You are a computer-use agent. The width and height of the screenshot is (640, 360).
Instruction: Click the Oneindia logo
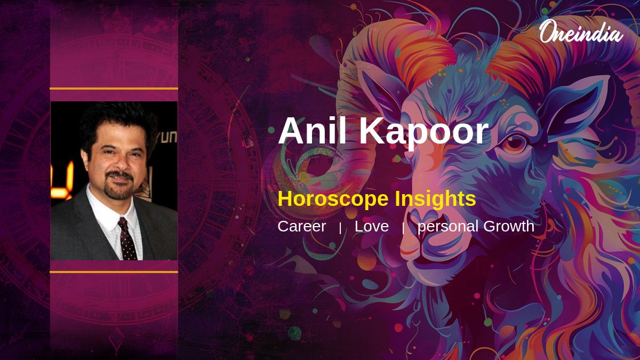(x=581, y=31)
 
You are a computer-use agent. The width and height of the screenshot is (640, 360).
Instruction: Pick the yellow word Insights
(x=435, y=198)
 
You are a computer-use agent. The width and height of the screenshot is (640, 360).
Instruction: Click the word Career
(x=302, y=226)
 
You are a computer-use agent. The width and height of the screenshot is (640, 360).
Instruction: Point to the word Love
(x=372, y=226)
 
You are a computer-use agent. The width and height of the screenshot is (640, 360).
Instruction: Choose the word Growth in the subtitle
(x=509, y=226)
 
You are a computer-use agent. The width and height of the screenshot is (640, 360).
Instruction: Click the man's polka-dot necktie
(x=127, y=239)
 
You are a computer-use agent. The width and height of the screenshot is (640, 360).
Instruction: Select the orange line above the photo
(x=114, y=89)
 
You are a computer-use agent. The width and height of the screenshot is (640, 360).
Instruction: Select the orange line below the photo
(x=114, y=272)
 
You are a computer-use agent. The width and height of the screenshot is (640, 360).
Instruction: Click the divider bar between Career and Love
(x=340, y=228)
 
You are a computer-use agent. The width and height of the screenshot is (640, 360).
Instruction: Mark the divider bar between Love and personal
(x=403, y=228)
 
